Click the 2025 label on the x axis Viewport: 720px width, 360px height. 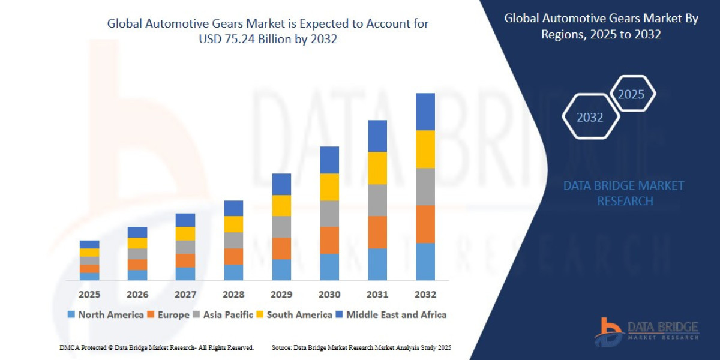pyautogui.click(x=89, y=295)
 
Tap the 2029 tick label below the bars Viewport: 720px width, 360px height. pyautogui.click(x=281, y=295)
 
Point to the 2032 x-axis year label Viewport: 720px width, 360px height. pyautogui.click(x=425, y=295)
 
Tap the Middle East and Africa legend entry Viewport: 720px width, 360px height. pyautogui.click(x=391, y=314)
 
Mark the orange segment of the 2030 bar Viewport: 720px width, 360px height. pyautogui.click(x=329, y=240)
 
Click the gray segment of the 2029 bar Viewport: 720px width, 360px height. pyautogui.click(x=281, y=227)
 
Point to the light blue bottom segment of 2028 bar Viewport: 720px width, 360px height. pyautogui.click(x=233, y=272)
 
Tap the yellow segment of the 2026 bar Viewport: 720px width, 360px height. pyautogui.click(x=137, y=243)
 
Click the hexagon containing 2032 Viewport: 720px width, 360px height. pyautogui.click(x=590, y=118)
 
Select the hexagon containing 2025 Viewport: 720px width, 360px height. pyautogui.click(x=631, y=94)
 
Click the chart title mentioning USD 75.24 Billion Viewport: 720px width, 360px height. pyautogui.click(x=268, y=32)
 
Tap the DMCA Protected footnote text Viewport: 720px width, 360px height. pyautogui.click(x=157, y=347)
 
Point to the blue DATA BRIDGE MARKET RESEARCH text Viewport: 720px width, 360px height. pyautogui.click(x=624, y=193)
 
